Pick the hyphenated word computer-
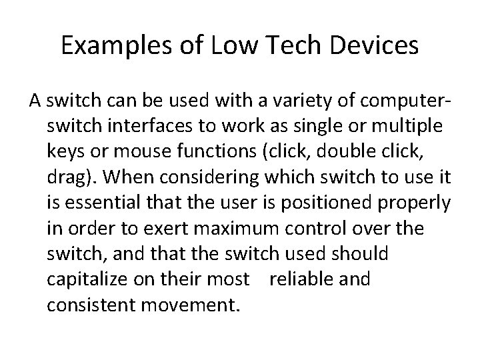[399, 102]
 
